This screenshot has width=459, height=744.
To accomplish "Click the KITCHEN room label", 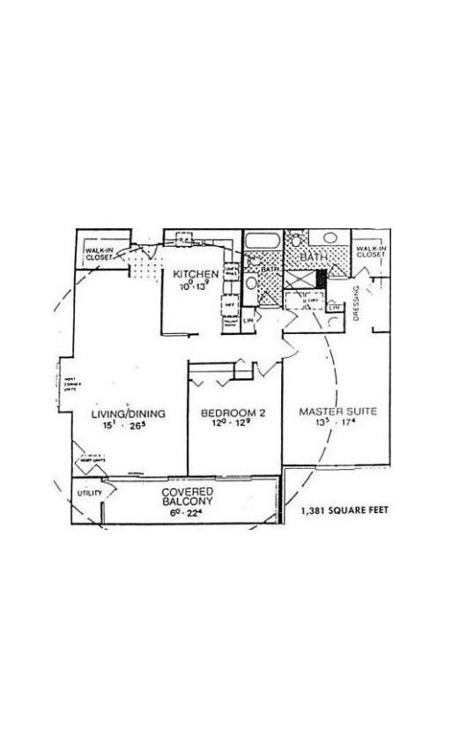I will (189, 273).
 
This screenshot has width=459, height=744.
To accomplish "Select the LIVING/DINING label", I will (129, 413).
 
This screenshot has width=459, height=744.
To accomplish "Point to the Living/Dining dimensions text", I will (129, 427).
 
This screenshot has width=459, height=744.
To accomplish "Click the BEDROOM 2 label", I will (233, 413).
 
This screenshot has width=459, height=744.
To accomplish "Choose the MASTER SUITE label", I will (338, 412).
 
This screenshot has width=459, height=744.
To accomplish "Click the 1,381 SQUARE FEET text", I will (344, 510).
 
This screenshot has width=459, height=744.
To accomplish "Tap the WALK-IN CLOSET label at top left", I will (98, 255).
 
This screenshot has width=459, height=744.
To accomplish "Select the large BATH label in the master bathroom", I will (312, 257).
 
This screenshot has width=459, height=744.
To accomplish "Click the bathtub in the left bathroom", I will (261, 241).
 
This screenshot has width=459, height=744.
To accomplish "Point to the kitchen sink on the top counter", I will (184, 239).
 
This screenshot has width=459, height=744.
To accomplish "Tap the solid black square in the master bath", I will (321, 278).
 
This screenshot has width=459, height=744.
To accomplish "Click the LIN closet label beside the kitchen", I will (249, 324).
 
